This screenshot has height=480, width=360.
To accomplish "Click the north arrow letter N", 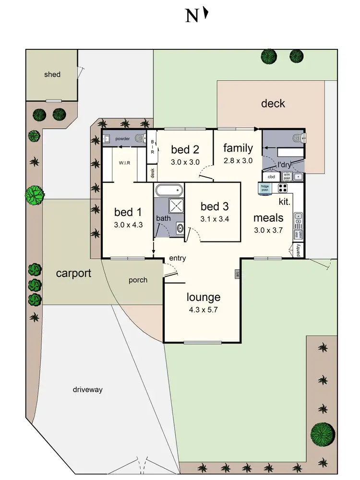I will point(192,16).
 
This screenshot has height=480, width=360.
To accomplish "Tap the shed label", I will point(52,74).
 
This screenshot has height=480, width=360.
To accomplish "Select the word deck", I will point(273,103).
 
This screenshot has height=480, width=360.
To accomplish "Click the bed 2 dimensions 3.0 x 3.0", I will point(185,162).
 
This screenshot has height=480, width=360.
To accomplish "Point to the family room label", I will point(238,148).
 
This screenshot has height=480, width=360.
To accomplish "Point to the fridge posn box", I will point(264,188).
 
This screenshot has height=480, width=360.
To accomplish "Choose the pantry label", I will point(298,250).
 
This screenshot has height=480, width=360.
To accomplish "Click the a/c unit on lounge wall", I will point(237,274).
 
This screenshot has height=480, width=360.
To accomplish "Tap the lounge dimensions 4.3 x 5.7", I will point(204,310).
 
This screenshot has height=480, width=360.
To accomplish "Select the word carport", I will point(73,273).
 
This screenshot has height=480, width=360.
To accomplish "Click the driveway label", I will point(88,390).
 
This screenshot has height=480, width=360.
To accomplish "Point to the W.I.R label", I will point(125,163).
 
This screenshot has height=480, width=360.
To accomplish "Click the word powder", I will point(122,138).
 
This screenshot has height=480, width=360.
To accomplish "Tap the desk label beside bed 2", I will point(152,172).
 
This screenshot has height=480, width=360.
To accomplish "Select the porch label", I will point(138,280).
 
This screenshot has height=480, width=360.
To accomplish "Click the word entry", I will point(177,258).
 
